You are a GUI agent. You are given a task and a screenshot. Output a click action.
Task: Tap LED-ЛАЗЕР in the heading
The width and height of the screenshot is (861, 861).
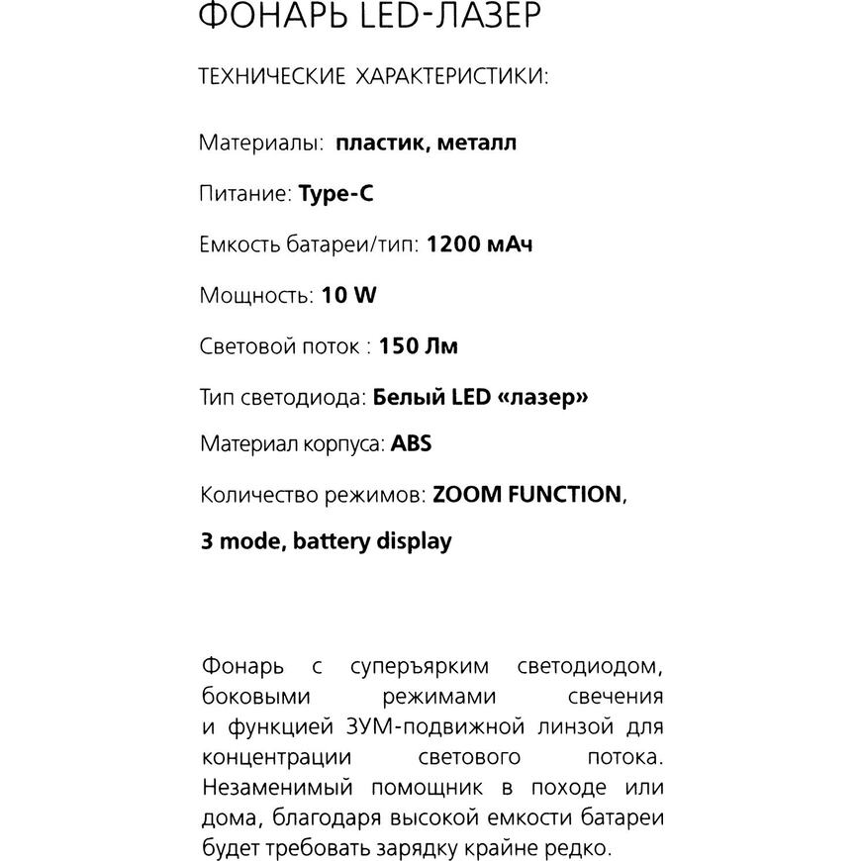pyautogui.click(x=456, y=17)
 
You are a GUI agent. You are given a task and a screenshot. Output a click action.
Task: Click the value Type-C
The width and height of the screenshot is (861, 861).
pyautogui.click(x=336, y=194)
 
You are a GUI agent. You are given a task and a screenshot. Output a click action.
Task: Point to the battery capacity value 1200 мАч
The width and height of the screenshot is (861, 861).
pyautogui.click(x=479, y=243)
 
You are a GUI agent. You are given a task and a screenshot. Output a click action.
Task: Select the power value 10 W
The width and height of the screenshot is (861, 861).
pyautogui.click(x=349, y=295)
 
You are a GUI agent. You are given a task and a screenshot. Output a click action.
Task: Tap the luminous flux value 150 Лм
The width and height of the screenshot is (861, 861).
pyautogui.click(x=419, y=346)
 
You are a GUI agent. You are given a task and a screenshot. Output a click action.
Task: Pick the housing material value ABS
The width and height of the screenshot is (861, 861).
pyautogui.click(x=412, y=443)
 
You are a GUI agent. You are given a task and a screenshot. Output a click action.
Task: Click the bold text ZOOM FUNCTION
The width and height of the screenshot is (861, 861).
pyautogui.click(x=527, y=494)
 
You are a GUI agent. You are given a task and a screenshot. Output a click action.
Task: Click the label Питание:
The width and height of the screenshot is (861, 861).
pyautogui.click(x=246, y=194)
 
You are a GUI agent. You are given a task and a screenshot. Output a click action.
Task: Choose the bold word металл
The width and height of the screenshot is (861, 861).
pyautogui.click(x=476, y=143)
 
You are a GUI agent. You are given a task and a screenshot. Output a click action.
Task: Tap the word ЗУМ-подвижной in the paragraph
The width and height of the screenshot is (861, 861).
pyautogui.click(x=445, y=726)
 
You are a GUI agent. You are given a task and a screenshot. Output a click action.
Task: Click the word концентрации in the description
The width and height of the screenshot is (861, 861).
pyautogui.click(x=276, y=757)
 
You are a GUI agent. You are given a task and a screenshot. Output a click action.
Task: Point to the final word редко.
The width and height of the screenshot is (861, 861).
pyautogui.click(x=583, y=848)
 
